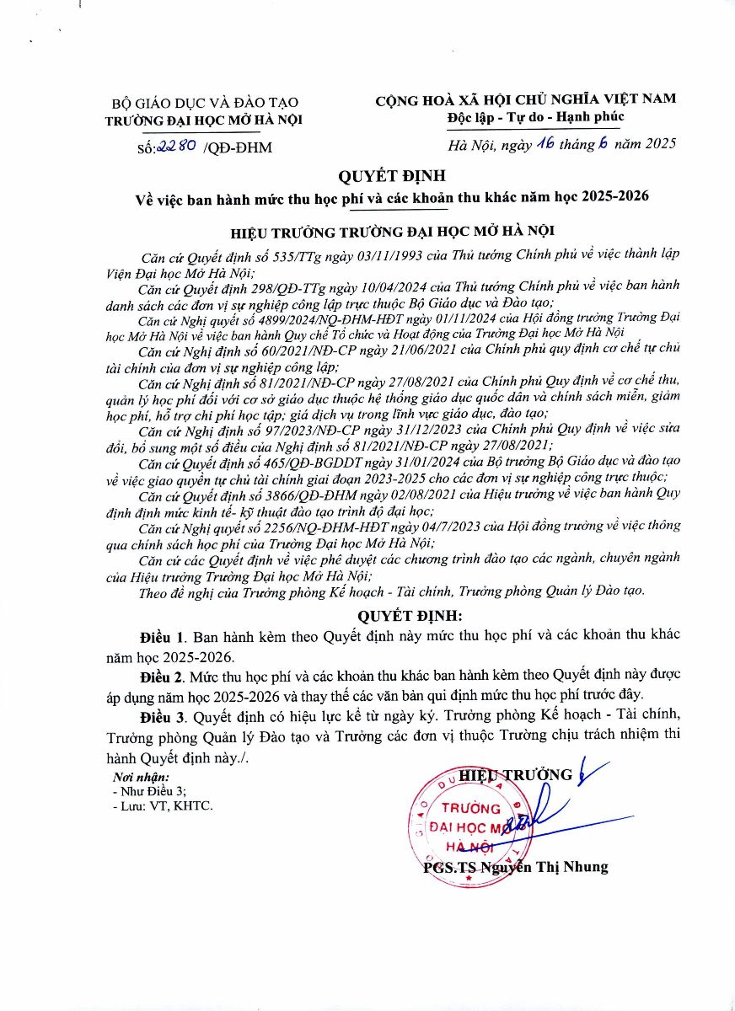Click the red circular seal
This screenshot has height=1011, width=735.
468,823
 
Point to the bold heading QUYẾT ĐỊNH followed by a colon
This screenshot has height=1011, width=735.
410,615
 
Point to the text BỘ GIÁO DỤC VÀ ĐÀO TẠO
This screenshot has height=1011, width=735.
205,103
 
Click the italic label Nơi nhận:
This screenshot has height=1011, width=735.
141,777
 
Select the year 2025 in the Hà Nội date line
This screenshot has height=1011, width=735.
657,145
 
